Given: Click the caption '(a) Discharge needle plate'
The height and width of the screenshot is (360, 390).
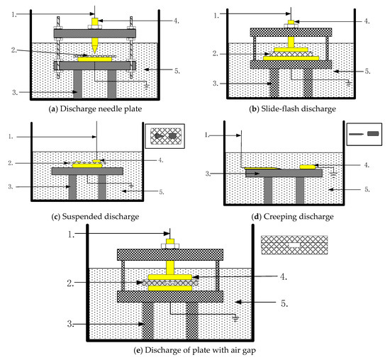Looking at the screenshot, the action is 95,109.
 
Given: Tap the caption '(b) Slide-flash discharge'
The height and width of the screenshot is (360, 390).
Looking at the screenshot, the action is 292,109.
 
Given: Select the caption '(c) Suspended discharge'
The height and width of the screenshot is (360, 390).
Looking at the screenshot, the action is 95,217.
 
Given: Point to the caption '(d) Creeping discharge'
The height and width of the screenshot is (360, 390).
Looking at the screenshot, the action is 292,217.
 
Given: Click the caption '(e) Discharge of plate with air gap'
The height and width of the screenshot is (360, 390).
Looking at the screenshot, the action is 195,350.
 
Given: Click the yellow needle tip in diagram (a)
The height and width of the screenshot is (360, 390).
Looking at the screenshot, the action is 95,52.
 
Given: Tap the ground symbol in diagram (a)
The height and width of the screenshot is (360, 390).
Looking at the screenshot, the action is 147,86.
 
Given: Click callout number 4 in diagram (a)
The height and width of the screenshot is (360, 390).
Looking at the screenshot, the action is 176,21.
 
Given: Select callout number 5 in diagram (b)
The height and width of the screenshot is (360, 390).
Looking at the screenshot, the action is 367,72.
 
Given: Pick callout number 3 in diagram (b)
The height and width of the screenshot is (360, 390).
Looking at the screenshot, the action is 216,84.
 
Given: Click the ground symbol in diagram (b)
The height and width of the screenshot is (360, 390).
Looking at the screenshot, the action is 349,83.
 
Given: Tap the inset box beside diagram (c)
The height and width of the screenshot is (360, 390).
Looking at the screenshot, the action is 165,136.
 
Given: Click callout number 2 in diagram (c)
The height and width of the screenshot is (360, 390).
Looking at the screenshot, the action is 11,163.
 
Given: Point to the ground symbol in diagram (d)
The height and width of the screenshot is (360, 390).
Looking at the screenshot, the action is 333,174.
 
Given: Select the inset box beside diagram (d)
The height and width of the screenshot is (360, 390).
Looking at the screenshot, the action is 364,134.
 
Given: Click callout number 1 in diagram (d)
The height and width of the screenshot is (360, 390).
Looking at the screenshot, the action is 207,135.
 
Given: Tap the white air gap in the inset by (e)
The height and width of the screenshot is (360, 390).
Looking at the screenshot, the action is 294,245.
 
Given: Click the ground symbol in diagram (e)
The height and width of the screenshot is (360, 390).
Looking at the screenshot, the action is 235,318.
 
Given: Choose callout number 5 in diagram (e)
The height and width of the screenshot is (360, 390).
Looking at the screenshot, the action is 284,303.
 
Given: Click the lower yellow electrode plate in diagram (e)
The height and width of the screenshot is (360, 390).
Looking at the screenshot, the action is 170,288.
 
